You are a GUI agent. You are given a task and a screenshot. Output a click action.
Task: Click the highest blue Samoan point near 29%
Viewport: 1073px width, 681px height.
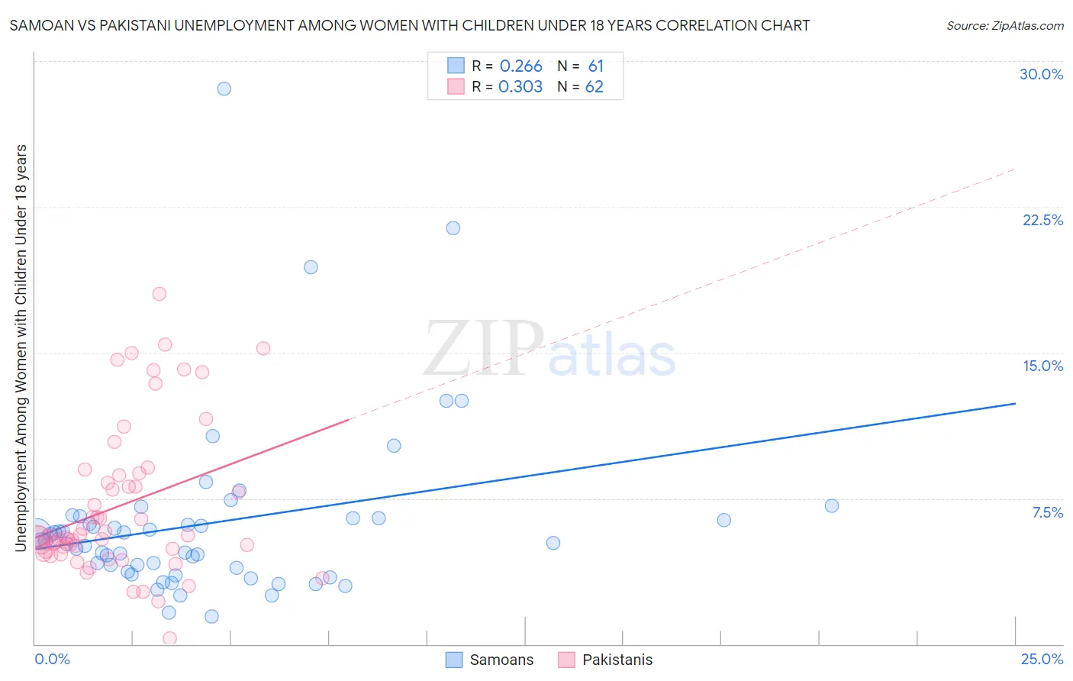pos(224,89)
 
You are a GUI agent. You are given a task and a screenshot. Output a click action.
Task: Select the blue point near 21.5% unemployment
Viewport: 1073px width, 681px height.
pos(453,228)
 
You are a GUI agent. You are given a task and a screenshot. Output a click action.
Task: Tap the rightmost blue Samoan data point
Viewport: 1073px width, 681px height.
pos(832,506)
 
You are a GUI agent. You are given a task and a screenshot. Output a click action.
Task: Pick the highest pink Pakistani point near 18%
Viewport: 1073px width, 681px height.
pos(159,294)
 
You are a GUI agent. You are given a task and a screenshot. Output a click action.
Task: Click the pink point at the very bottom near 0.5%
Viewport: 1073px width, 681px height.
pos(169,638)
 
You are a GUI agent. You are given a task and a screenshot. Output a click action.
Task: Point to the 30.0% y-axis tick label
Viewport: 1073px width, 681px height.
pos(1041,75)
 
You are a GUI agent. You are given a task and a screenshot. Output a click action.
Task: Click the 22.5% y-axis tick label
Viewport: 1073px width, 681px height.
pos(1042,221)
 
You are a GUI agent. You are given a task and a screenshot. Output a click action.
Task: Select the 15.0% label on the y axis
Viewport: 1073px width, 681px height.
pos(1042,366)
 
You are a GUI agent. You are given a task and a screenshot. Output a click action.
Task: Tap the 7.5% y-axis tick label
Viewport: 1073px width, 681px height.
pos(1047,513)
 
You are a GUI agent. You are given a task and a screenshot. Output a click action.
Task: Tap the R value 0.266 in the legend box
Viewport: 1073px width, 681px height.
pos(520,66)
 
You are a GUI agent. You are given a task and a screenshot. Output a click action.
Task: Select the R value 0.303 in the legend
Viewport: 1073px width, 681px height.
pos(520,87)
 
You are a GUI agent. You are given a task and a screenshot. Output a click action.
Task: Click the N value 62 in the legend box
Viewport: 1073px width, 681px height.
pos(594,87)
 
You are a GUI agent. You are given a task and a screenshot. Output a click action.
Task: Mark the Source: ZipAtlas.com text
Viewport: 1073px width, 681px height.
pos(1004,26)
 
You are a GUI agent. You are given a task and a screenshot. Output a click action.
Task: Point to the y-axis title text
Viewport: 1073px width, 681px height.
pos(21,347)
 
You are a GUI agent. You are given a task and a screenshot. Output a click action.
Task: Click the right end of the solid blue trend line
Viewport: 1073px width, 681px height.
pos(1015,403)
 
